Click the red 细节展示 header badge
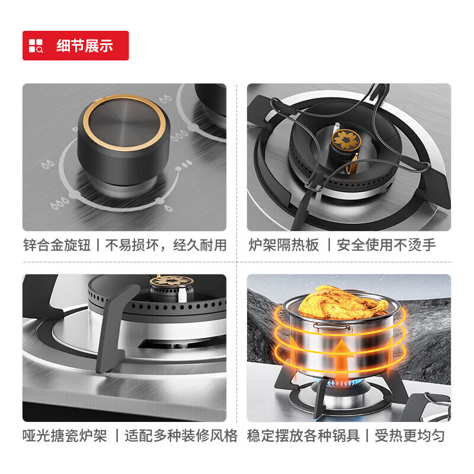click(x=75, y=46)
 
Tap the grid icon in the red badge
click(x=36, y=46)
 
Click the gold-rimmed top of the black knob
click(x=124, y=125)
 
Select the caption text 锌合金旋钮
click(x=57, y=245)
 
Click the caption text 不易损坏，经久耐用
click(x=166, y=245)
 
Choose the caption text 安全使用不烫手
click(x=386, y=245)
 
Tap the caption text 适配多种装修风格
click(x=181, y=437)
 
